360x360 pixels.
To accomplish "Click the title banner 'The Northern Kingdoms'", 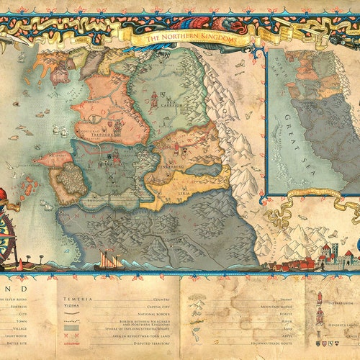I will point(191,38).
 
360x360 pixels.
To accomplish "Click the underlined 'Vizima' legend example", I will point(71,305).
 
